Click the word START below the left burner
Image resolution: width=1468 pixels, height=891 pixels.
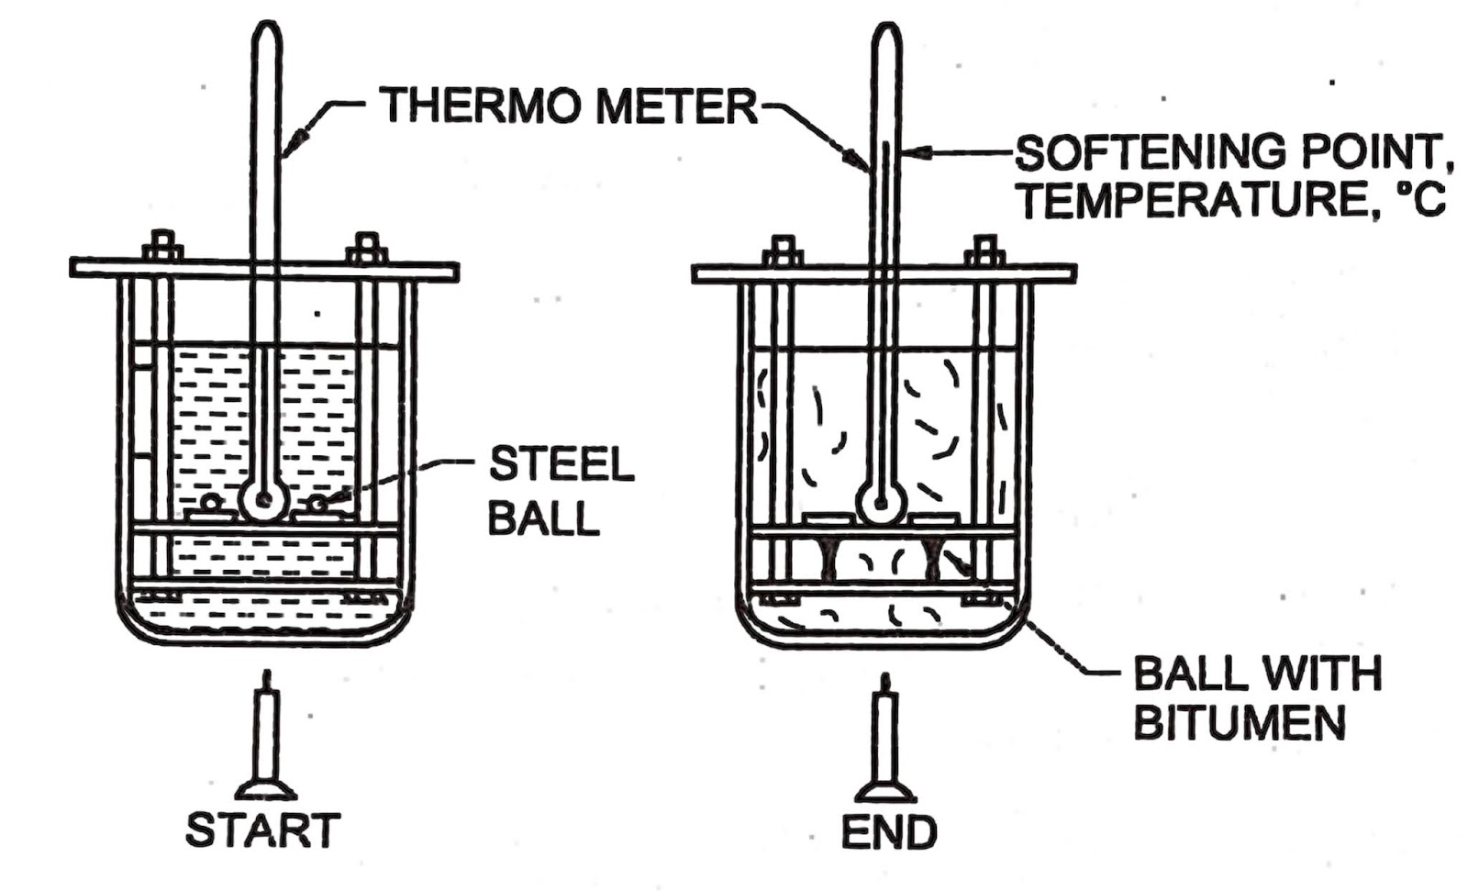click(262, 830)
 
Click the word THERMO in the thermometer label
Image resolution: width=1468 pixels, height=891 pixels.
click(481, 106)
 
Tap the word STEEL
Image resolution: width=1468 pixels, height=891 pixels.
click(561, 465)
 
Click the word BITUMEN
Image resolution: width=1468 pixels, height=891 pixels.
click(1240, 722)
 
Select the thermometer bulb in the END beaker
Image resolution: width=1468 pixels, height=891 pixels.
click(881, 504)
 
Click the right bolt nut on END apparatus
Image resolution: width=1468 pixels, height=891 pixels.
click(984, 251)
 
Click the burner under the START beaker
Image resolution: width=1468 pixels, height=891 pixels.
click(266, 743)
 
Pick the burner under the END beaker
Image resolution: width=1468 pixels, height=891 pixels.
click(885, 743)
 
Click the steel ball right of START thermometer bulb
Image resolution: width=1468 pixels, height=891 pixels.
click(317, 503)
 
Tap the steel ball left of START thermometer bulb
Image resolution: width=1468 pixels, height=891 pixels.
click(211, 501)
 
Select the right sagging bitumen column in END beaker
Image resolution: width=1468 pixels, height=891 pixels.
click(935, 562)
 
